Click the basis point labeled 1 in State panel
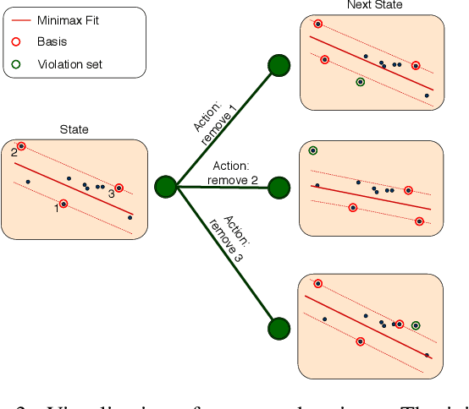[63, 204]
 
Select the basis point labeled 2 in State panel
[21, 146]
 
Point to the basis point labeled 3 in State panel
[119, 188]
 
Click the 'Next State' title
[374, 6]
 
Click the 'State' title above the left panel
[74, 130]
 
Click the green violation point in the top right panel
[361, 82]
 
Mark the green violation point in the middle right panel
[313, 150]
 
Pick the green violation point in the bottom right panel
[416, 325]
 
